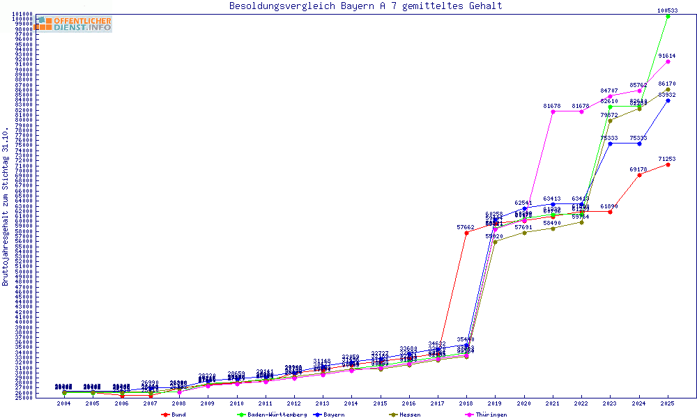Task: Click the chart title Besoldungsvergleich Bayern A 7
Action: tap(365, 6)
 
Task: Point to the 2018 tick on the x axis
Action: tap(466, 403)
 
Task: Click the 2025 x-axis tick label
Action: tap(668, 403)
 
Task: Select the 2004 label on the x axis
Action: tap(64, 403)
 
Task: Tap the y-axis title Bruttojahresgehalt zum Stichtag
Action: tap(6, 206)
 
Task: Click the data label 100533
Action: tap(668, 10)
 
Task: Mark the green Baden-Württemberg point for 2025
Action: tap(668, 16)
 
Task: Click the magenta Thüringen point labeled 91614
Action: tap(668, 61)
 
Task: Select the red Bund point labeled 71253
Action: tap(668, 164)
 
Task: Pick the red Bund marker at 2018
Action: tap(466, 233)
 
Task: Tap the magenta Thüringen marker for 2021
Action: tap(553, 111)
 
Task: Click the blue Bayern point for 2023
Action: tap(610, 144)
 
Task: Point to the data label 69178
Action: tap(638, 169)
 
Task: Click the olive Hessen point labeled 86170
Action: tap(668, 89)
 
